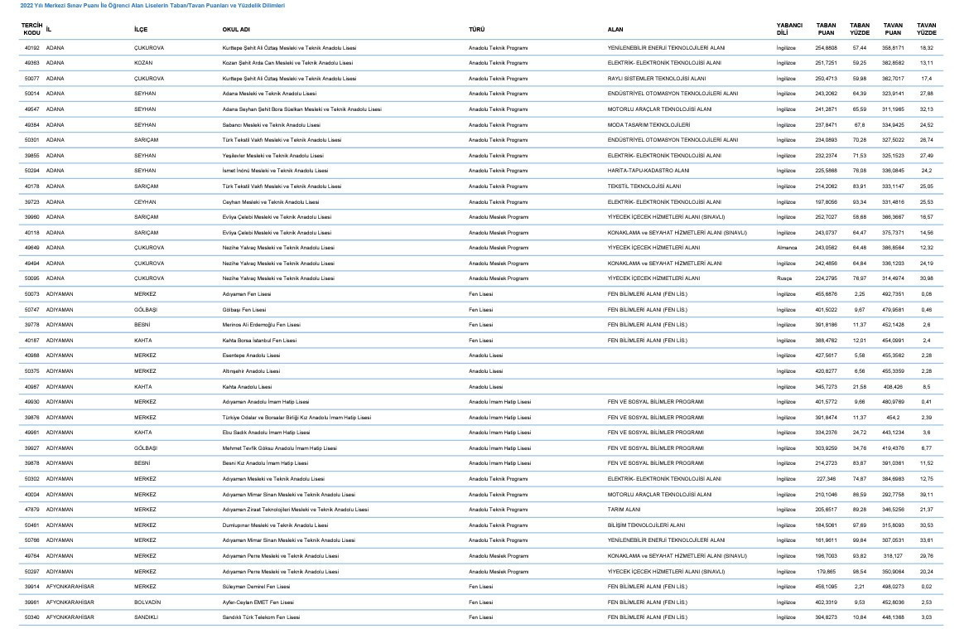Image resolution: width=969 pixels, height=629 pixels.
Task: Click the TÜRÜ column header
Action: coord(477,29)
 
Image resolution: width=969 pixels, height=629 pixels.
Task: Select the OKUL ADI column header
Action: coord(237,29)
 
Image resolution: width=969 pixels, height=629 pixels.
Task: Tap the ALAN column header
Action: coord(615,29)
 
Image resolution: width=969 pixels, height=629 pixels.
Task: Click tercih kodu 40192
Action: coord(32,48)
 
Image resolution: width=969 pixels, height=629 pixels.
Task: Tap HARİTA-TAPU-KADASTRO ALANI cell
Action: coord(648,171)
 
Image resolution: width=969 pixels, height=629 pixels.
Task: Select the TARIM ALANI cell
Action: coord(623,510)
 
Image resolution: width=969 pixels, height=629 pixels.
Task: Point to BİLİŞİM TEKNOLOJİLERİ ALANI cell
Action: coord(646,525)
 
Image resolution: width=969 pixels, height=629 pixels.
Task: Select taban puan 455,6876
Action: coord(826,294)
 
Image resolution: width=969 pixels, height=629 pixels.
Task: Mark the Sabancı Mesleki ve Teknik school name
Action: coord(271,125)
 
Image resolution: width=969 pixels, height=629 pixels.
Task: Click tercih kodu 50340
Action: coord(32,617)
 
